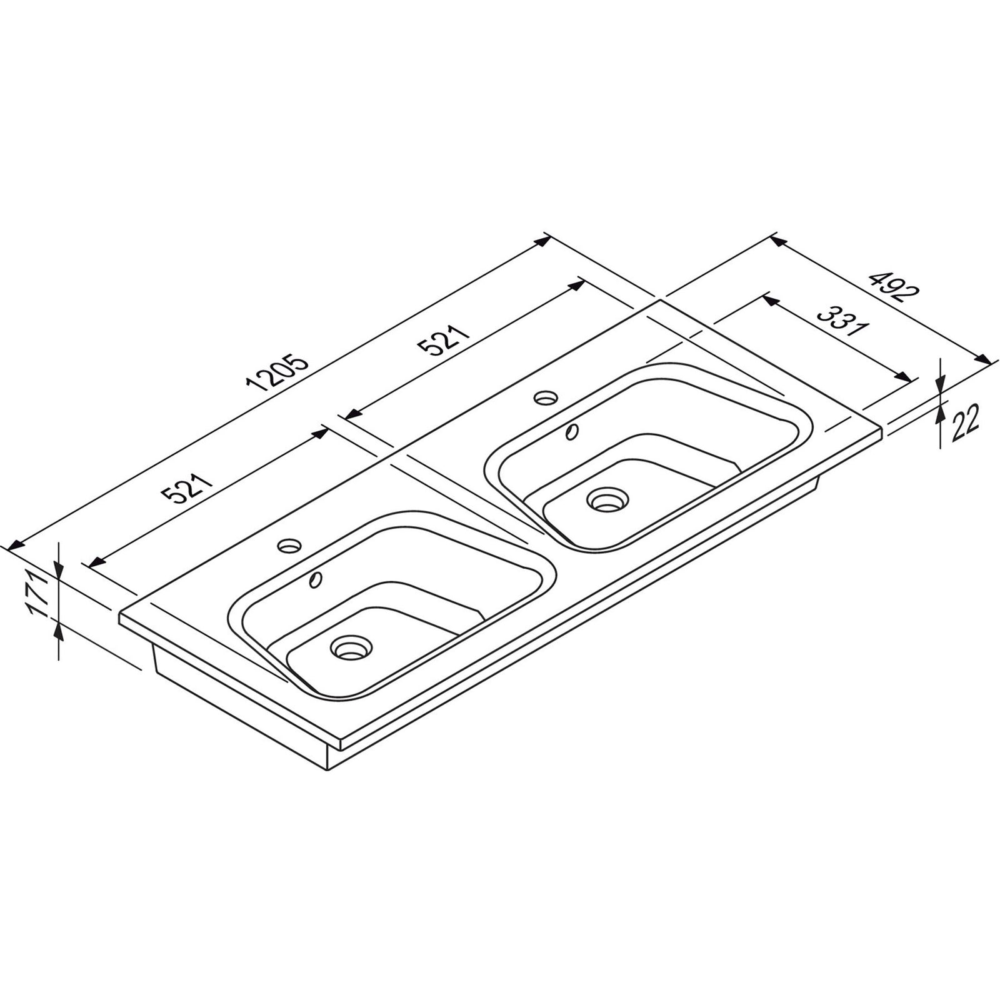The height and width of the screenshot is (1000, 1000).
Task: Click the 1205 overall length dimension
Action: [x=278, y=374]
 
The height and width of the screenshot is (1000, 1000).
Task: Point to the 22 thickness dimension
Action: [x=966, y=422]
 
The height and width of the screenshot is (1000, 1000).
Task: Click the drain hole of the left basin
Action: [x=351, y=647]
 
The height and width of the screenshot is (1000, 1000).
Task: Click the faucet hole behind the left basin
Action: [x=289, y=546]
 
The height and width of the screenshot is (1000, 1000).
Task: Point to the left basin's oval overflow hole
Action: [x=316, y=579]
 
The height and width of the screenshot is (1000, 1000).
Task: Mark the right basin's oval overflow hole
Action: [x=572, y=431]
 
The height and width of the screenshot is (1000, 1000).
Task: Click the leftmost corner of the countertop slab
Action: [x=119, y=617]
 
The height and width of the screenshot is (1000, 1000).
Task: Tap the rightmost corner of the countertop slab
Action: [x=882, y=429]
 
